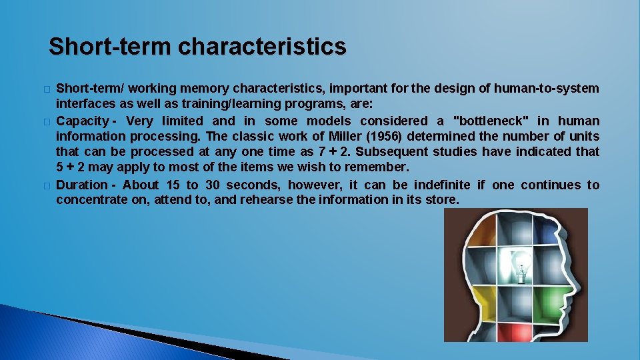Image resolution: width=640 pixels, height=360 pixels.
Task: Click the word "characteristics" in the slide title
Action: (x=263, y=47)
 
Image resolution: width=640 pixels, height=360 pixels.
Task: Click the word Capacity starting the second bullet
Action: (x=82, y=121)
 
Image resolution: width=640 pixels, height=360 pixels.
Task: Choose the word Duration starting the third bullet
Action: (x=81, y=185)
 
